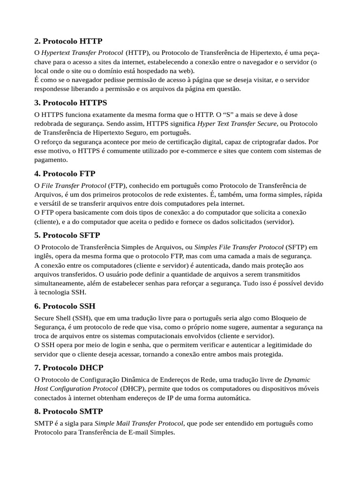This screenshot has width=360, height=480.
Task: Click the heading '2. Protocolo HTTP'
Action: [68, 41]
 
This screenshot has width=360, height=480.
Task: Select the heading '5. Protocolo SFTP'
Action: [67, 235]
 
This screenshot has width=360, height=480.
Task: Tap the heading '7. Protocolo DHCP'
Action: [68, 367]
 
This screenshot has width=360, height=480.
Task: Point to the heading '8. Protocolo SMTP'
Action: [68, 411]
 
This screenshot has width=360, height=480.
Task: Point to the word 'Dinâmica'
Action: [134, 379]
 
